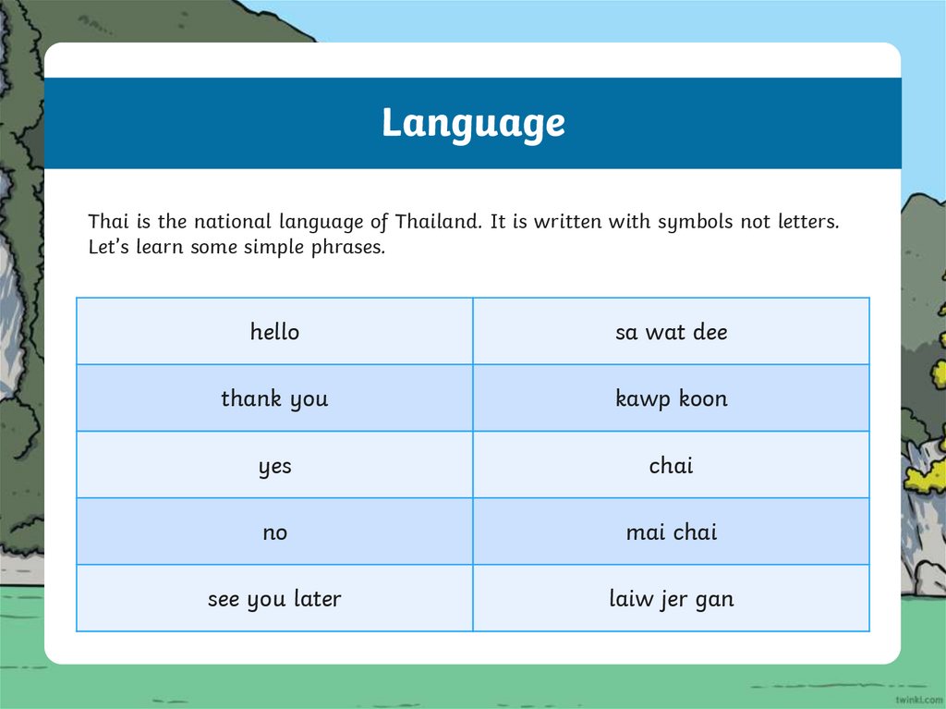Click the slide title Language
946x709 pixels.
click(x=473, y=123)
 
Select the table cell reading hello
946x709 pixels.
click(x=274, y=332)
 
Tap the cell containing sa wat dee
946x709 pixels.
click(x=672, y=332)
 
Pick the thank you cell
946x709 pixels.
click(x=274, y=398)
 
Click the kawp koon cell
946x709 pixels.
click(x=672, y=398)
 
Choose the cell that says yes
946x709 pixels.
click(x=274, y=466)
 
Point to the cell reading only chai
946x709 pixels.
click(x=672, y=466)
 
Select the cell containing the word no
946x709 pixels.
click(x=274, y=532)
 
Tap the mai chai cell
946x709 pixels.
click(x=672, y=532)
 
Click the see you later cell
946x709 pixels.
click(x=274, y=599)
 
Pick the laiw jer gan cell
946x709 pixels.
click(x=672, y=599)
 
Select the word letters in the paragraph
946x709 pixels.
click(x=806, y=222)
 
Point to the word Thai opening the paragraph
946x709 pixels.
click(x=105, y=222)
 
